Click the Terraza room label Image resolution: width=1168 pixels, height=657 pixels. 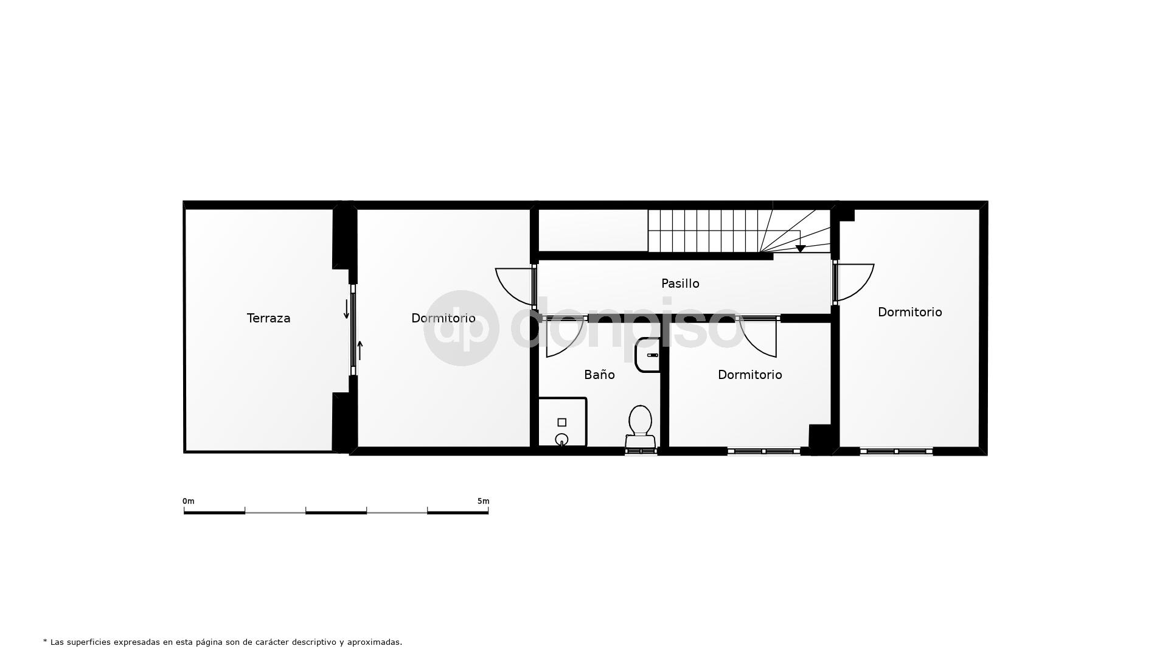(x=268, y=318)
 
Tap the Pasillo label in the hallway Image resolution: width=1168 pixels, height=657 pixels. (x=680, y=283)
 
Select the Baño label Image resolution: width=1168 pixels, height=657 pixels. (x=599, y=375)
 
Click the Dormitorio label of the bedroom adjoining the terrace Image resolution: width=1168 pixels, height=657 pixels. (x=443, y=318)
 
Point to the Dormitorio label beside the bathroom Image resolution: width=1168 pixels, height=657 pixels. (x=749, y=375)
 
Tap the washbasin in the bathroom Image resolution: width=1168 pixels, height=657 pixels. (x=647, y=355)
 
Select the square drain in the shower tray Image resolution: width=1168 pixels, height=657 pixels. (x=561, y=422)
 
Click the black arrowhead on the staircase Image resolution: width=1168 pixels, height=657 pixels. (x=801, y=248)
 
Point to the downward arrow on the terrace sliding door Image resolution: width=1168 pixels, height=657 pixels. (x=347, y=309)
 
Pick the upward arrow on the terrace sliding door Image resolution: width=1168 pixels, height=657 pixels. (x=360, y=350)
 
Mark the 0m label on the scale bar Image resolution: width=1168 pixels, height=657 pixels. (x=189, y=501)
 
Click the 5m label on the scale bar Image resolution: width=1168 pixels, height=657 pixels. (x=483, y=501)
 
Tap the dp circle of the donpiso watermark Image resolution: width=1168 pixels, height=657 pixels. (x=461, y=328)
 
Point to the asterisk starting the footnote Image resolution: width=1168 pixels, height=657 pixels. (x=45, y=641)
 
